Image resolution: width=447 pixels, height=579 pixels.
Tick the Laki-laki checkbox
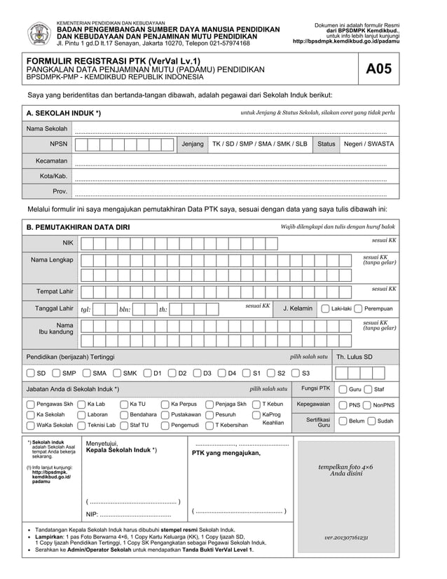[x=326, y=308]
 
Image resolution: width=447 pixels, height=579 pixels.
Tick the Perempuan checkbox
[x=358, y=308]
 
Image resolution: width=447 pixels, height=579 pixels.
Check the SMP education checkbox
[x=56, y=373]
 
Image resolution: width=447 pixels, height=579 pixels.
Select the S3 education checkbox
[x=296, y=373]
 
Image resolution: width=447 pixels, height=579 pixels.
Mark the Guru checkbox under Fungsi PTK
[x=343, y=389]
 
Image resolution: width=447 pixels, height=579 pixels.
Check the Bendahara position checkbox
[x=123, y=414]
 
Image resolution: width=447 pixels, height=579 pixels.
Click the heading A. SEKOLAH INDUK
[x=63, y=113]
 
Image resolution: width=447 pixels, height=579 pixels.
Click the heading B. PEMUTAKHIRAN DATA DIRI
[x=78, y=227]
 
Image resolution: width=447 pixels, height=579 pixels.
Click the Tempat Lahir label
[x=55, y=291]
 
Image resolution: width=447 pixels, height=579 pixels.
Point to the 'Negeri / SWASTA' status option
[x=369, y=144]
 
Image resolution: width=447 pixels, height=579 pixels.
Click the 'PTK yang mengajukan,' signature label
[x=226, y=453]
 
